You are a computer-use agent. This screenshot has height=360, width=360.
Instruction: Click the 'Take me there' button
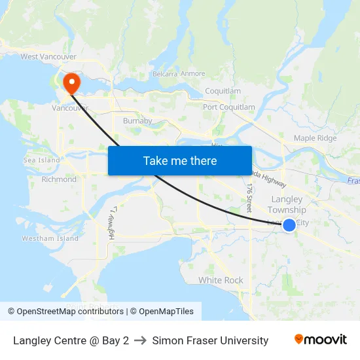180,160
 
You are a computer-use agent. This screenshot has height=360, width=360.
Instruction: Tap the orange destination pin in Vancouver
71,83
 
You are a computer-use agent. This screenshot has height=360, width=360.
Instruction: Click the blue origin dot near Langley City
289,225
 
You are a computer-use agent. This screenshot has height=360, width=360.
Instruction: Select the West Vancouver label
48,57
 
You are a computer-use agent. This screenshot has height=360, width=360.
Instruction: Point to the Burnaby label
137,120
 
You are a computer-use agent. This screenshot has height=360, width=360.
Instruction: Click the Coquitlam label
223,91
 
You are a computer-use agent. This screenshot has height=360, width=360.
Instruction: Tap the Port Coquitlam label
228,107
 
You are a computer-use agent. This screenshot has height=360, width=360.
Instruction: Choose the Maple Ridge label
315,138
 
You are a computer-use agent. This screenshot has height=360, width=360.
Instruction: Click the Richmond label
59,179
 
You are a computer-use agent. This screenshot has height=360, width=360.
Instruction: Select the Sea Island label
41,160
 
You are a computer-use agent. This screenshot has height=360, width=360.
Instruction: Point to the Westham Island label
50,238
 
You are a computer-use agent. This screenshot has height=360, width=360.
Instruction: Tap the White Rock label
221,280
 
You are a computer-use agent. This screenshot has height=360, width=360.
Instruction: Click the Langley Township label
287,204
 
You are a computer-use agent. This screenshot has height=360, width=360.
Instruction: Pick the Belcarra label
164,74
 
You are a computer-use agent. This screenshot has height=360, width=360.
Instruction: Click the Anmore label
192,74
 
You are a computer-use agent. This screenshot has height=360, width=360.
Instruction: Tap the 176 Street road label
249,196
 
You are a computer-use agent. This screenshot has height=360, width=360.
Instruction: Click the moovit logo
320,340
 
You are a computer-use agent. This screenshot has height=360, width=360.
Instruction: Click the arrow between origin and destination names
140,340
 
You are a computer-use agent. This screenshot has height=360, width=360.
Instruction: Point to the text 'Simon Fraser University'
210,340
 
